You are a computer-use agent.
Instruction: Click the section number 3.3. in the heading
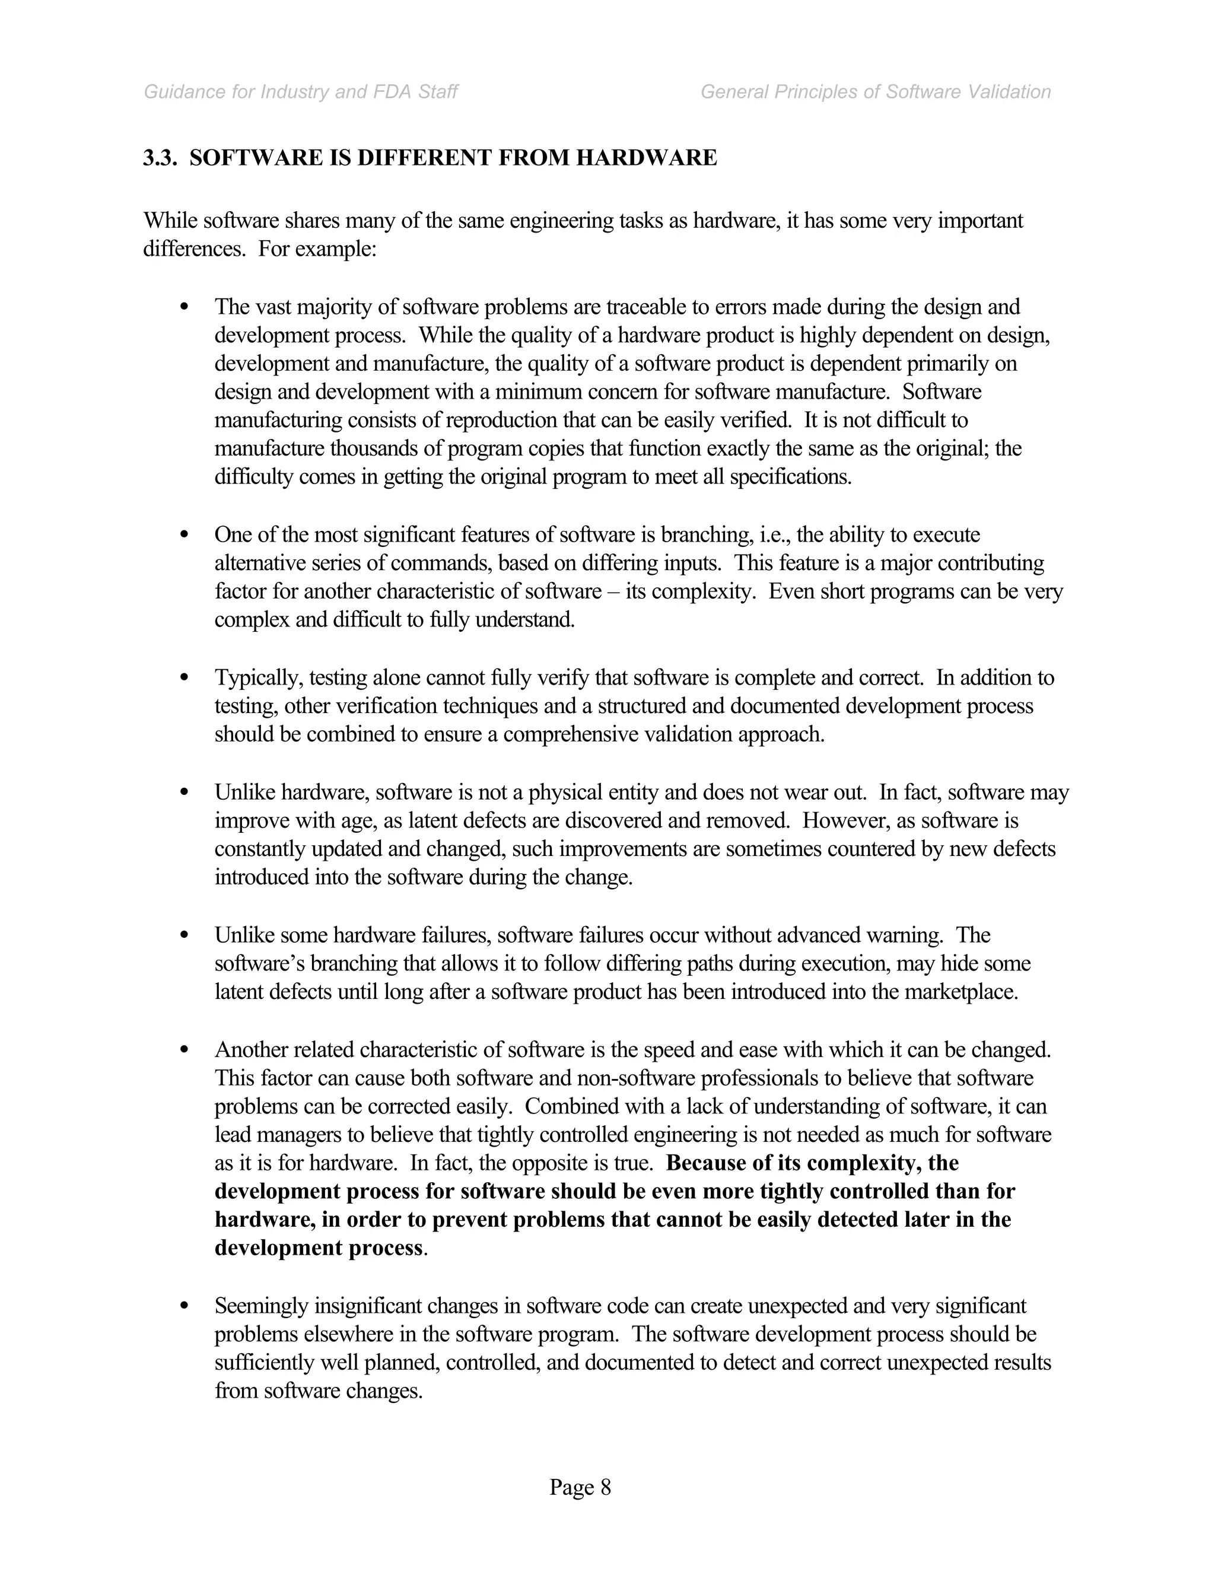pos(160,158)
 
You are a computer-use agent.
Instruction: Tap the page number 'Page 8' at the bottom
pos(580,1487)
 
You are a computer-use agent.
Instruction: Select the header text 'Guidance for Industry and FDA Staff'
pos(301,92)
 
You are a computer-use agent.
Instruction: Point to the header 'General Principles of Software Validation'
pos(875,92)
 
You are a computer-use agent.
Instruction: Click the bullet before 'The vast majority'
pos(185,307)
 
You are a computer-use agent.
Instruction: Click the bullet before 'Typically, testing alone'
pos(185,678)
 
